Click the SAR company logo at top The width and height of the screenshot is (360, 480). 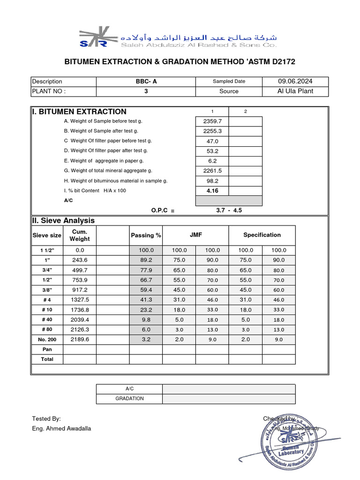click(94, 38)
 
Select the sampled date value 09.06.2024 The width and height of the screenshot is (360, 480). click(295, 81)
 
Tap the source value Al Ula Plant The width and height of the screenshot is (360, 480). click(295, 91)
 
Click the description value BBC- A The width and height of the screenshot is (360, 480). click(146, 81)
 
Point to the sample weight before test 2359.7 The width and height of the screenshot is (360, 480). click(212, 121)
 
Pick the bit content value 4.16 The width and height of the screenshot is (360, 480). click(212, 191)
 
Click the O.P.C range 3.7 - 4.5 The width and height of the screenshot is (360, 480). click(229, 210)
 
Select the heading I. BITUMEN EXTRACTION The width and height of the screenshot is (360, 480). click(79, 112)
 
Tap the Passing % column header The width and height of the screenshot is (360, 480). click(146, 235)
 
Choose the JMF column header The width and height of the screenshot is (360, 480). click(195, 235)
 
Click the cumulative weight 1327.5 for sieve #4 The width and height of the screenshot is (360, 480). click(80, 300)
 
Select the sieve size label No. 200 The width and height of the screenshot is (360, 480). click(47, 339)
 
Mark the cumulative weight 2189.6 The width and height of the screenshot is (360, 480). click(80, 339)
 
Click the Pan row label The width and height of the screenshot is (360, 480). click(47, 349)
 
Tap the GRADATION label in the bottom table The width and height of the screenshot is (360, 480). click(129, 398)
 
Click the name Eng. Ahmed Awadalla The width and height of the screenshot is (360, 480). click(61, 428)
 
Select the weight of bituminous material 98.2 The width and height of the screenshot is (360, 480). click(212, 181)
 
